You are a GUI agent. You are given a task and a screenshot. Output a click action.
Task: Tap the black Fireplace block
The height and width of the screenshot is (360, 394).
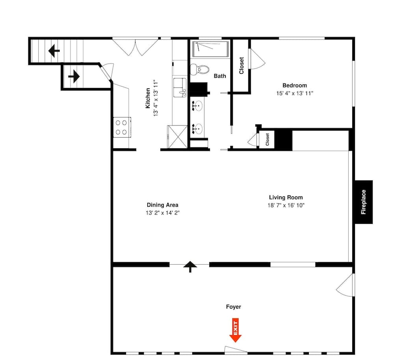tap(363, 202)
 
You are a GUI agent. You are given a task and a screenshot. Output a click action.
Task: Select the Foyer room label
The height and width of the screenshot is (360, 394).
tap(233, 307)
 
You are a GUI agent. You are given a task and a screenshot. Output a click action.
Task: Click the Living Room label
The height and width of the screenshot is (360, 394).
tap(286, 198)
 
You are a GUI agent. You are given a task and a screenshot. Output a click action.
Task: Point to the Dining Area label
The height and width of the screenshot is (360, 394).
tap(162, 205)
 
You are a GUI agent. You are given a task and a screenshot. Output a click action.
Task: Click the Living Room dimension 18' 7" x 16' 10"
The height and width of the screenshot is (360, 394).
tap(286, 205)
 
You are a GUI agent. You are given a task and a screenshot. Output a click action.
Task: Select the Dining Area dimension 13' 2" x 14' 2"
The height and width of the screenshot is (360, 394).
tap(162, 213)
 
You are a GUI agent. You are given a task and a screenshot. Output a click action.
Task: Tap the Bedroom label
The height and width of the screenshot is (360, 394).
tap(294, 86)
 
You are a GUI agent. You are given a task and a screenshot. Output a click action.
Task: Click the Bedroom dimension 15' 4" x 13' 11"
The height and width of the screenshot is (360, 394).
tap(294, 93)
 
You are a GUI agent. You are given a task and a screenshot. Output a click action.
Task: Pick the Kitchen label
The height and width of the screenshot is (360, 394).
tap(148, 98)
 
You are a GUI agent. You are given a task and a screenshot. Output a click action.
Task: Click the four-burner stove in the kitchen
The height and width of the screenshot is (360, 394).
tap(121, 127)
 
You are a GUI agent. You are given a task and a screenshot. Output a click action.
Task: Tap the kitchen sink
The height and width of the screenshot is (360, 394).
tap(180, 87)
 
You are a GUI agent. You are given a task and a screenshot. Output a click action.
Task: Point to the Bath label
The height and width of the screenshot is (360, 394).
tap(220, 76)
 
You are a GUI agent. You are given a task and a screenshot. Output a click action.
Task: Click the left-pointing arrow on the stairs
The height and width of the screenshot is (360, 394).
tap(54, 50)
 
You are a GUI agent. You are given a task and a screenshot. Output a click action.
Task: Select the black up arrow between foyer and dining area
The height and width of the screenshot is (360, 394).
tap(190, 267)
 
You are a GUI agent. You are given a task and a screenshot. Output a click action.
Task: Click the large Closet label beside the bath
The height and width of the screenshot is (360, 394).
tap(241, 65)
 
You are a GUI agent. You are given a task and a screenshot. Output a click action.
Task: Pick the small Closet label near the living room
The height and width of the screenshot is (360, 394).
tap(267, 140)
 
